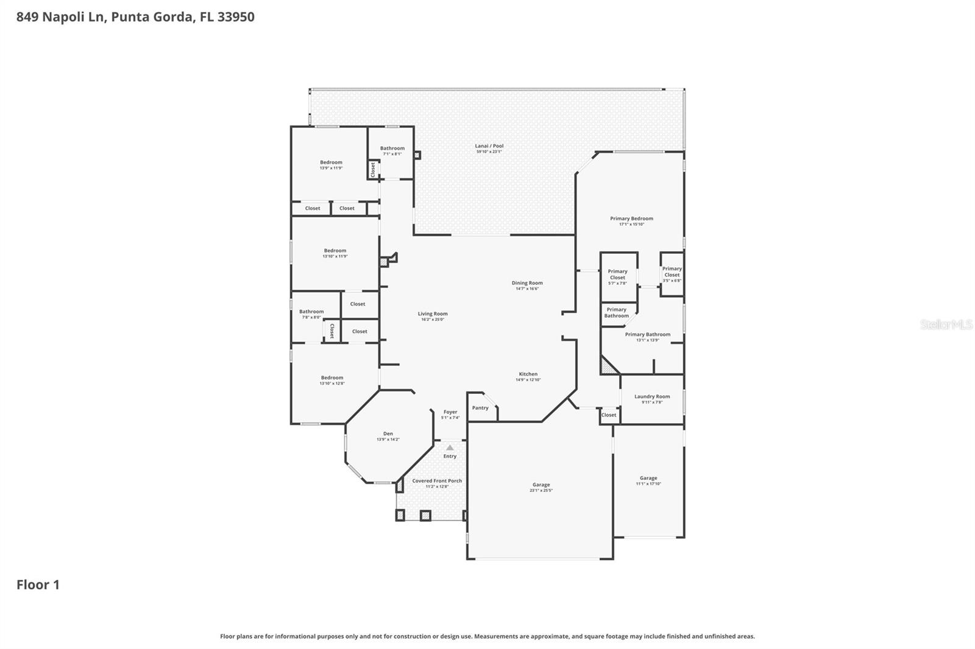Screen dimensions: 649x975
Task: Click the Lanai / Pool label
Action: pos(489,146)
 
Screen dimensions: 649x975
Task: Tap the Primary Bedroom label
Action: pos(631,219)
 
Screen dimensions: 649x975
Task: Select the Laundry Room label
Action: pos(652,396)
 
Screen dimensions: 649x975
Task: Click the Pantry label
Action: pos(480,408)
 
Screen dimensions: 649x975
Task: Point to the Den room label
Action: pos(388,433)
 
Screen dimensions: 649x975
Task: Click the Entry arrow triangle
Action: pos(450,447)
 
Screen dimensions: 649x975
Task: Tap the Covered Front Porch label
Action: pos(437,481)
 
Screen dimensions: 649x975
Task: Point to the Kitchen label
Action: pos(528,374)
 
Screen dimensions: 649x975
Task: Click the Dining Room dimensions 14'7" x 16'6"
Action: pos(527,289)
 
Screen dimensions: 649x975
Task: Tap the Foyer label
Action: pos(450,412)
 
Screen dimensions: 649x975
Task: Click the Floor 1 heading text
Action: pos(38,584)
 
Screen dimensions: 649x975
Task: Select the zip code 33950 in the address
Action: pos(236,16)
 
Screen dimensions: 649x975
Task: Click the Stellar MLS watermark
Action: pos(946,324)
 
